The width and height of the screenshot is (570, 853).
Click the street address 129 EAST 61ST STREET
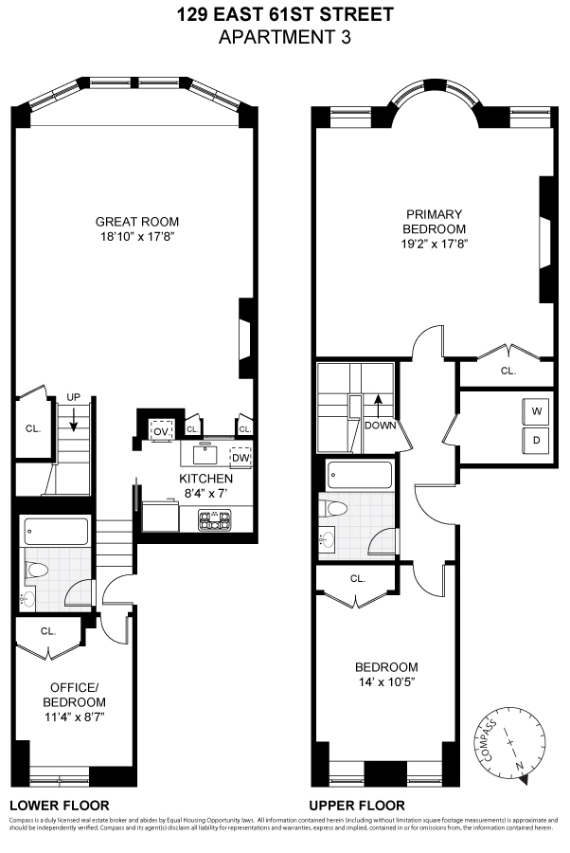coord(285,15)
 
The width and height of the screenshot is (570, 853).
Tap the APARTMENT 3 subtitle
coord(285,38)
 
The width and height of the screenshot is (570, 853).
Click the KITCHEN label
coord(205,479)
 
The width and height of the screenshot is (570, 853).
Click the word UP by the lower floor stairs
coord(73,397)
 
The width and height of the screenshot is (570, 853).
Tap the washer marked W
coord(536,411)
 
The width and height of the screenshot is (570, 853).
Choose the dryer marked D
coord(536,440)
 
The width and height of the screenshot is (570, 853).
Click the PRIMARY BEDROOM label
coord(435,222)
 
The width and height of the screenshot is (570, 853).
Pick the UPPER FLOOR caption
coord(349,802)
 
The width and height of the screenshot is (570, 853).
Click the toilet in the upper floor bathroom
coord(333,509)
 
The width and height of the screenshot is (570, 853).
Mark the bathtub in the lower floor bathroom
coord(56,531)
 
